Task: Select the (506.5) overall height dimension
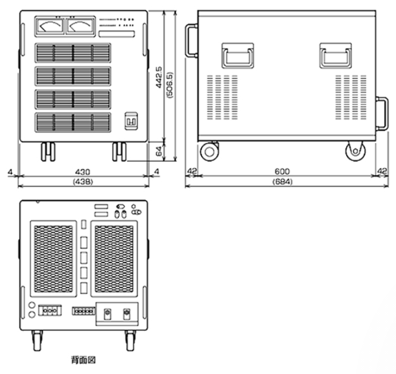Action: (170, 81)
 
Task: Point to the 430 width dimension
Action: (84, 172)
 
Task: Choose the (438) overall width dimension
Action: (84, 182)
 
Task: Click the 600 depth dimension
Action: (283, 172)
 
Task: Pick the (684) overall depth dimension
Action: (283, 182)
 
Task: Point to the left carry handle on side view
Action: (237, 55)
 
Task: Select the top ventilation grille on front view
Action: (72, 53)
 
